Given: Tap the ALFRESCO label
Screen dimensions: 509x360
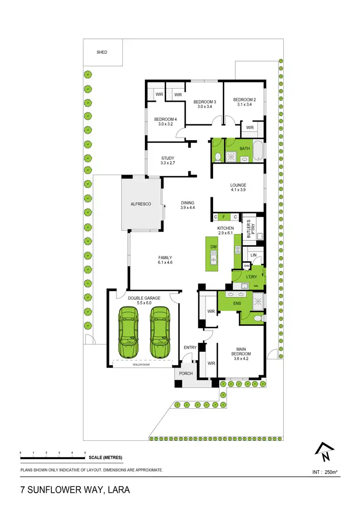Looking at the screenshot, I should (141, 204).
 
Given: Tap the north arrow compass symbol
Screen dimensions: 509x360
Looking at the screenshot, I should (324, 450).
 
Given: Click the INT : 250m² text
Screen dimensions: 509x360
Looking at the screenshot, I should (324, 472).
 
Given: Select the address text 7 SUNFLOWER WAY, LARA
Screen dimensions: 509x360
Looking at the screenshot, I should (75, 490).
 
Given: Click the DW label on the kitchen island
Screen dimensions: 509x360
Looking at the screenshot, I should (214, 247).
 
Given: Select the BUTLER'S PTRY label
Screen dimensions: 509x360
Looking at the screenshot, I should (249, 229).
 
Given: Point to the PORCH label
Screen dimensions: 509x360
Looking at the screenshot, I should (186, 373).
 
